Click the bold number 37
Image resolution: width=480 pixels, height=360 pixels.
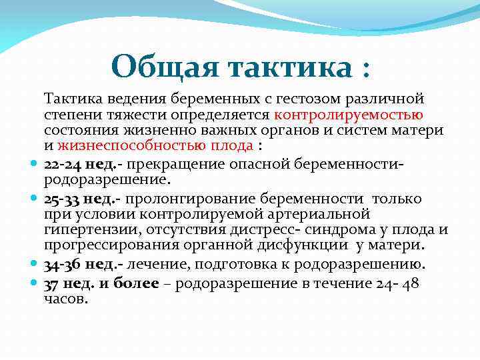tap(52, 284)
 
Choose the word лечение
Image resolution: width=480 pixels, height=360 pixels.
tap(155, 265)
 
